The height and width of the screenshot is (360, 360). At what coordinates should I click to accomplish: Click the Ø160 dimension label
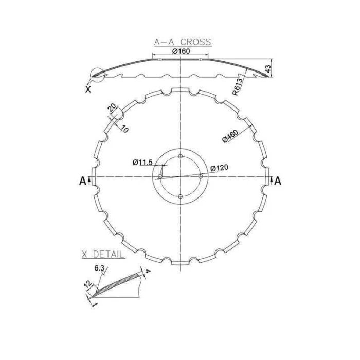click(x=181, y=51)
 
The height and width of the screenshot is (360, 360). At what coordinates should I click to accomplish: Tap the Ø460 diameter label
click(x=230, y=136)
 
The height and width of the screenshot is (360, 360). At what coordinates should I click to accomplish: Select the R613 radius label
click(x=238, y=87)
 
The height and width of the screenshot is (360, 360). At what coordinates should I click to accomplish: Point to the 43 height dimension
click(x=268, y=68)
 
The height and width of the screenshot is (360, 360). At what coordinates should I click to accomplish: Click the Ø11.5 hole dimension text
click(x=142, y=163)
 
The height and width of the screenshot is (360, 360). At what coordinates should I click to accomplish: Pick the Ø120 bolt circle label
click(x=220, y=168)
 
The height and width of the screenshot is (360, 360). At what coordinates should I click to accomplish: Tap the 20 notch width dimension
click(x=113, y=107)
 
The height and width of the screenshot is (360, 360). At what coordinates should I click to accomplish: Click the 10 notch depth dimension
click(x=124, y=129)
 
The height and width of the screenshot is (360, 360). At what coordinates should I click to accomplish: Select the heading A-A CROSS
click(x=183, y=42)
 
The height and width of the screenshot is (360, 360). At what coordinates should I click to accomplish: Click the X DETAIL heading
click(x=103, y=255)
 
